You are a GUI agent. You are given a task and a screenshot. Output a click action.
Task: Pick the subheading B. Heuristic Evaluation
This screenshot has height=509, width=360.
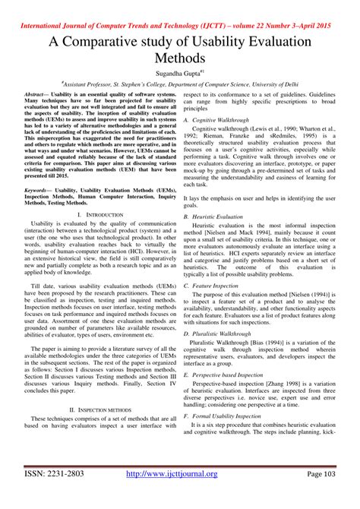tap(213, 217)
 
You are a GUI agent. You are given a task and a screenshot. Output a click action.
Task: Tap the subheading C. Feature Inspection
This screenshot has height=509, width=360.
tap(212, 285)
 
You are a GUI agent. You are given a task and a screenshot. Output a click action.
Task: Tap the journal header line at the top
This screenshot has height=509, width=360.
tap(179, 9)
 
